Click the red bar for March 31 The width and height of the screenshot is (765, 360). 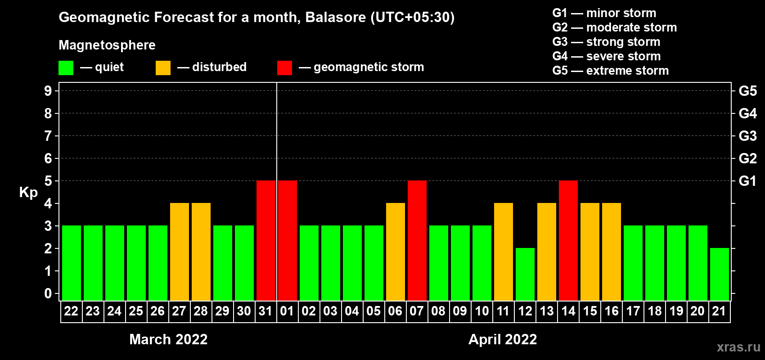click(x=266, y=240)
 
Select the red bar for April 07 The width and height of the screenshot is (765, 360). click(x=417, y=240)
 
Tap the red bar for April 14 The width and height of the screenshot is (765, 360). click(x=569, y=240)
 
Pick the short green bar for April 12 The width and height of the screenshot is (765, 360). click(x=525, y=274)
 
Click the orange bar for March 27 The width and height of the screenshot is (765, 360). click(x=180, y=252)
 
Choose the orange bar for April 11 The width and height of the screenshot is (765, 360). click(x=504, y=252)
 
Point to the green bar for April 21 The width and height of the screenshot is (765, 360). click(x=720, y=274)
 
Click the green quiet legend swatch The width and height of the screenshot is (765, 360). click(x=66, y=67)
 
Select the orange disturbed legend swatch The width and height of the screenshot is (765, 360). click(x=163, y=67)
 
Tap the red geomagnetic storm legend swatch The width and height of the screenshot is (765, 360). click(x=285, y=67)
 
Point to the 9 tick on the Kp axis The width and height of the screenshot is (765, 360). click(x=48, y=91)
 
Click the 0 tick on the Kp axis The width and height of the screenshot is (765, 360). click(x=48, y=293)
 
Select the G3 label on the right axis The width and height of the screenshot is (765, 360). click(x=748, y=136)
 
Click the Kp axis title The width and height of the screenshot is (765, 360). click(x=28, y=192)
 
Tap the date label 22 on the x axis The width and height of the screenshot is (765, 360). click(x=71, y=311)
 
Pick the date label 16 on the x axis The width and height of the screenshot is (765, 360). click(x=612, y=311)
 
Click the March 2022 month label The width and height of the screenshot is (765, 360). click(x=168, y=339)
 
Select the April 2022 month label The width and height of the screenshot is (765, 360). click(x=503, y=339)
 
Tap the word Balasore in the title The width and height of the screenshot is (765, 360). click(x=335, y=18)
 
